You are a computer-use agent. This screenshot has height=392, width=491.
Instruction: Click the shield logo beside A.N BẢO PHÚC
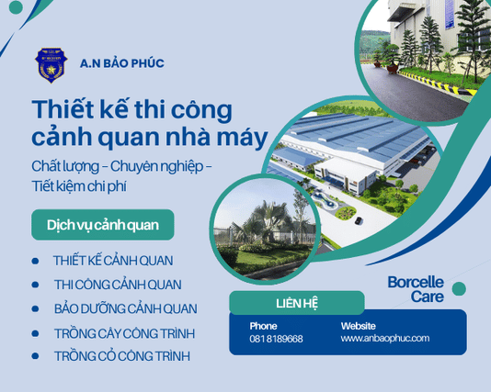click(51, 64)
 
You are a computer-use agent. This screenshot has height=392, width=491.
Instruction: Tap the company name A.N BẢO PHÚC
click(121, 63)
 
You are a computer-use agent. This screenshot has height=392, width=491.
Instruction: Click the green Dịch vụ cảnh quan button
click(102, 225)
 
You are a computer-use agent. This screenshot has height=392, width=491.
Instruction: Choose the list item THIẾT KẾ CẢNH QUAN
click(113, 261)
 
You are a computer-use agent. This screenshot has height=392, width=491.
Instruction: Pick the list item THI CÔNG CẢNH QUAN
click(117, 285)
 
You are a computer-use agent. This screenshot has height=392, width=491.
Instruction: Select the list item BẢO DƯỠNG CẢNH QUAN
click(125, 308)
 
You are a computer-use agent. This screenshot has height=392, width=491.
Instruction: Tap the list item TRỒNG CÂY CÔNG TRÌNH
click(124, 332)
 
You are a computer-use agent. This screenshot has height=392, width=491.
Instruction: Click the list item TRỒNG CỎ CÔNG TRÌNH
click(121, 355)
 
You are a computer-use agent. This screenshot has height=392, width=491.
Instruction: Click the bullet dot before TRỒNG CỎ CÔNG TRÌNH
click(35, 356)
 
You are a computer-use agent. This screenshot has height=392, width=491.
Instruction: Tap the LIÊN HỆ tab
click(297, 303)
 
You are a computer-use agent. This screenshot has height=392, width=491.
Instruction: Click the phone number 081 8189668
click(276, 339)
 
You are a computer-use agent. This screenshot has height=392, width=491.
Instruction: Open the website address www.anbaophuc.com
click(384, 339)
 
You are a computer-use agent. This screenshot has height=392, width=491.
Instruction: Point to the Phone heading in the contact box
click(263, 326)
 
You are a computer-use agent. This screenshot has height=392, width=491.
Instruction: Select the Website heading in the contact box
click(358, 326)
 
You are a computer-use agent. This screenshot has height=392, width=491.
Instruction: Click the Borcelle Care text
click(416, 289)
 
